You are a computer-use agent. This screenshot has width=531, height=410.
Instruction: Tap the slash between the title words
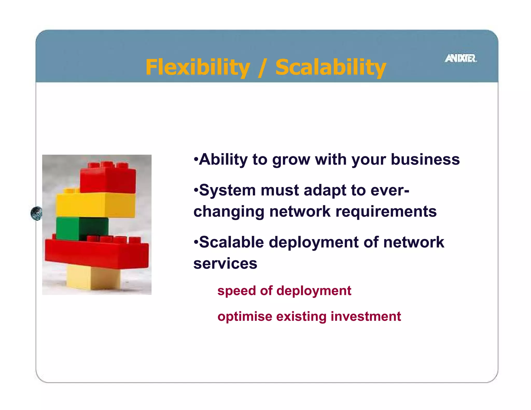[x=262, y=68]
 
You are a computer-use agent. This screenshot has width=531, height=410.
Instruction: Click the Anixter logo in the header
[x=461, y=58]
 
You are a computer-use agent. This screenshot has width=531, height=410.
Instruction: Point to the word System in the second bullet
[x=227, y=190]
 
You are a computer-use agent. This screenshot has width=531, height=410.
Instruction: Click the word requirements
[x=386, y=211]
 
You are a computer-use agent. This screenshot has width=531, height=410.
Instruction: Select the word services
[x=225, y=264]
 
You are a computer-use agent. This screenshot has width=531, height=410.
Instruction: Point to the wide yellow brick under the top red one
[x=95, y=205]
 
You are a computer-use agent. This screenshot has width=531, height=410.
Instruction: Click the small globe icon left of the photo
[x=37, y=213]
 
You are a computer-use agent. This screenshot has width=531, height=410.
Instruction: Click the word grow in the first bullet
[x=291, y=160]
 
